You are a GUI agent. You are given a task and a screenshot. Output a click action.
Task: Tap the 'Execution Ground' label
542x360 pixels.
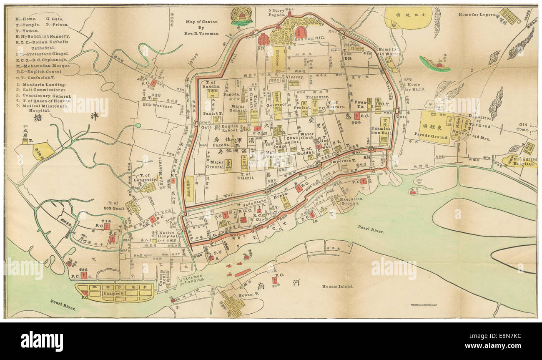(351, 202)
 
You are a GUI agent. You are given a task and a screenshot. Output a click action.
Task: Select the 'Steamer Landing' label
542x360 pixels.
(192, 278)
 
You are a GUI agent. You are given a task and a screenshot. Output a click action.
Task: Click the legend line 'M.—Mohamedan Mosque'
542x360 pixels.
(43, 66)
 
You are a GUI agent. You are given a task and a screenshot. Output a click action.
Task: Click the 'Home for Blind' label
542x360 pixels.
(411, 87)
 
